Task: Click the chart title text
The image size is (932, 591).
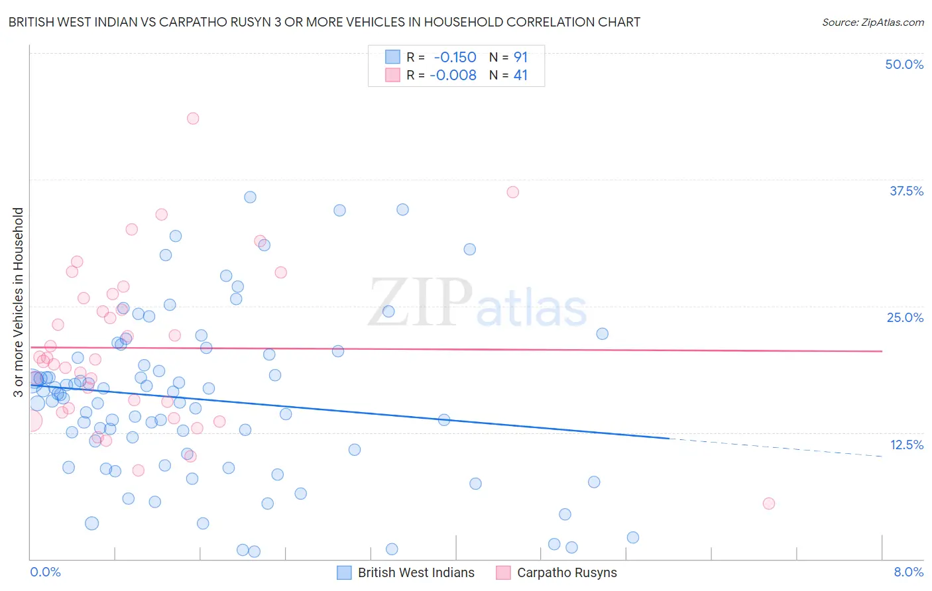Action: point(324,22)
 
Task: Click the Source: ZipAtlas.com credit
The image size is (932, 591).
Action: point(872,22)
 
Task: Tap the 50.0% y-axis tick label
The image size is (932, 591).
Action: point(904,64)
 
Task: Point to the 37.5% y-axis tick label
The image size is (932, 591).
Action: point(906,191)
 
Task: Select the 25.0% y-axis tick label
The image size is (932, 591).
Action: point(905,317)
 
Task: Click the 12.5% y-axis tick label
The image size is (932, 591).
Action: point(906,445)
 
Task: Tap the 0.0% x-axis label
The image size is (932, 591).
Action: point(45,572)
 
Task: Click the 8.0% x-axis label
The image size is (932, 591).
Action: point(908,572)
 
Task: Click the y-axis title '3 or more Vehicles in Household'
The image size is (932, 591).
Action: point(18,302)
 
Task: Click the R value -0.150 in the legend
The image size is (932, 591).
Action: point(455,58)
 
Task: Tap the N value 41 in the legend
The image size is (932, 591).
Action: point(520,76)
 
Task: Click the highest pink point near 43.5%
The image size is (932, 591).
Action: point(193,119)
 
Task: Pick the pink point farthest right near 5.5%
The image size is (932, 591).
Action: point(769,504)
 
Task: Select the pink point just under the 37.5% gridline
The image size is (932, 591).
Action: point(512,192)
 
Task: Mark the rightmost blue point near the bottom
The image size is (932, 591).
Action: point(633,537)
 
